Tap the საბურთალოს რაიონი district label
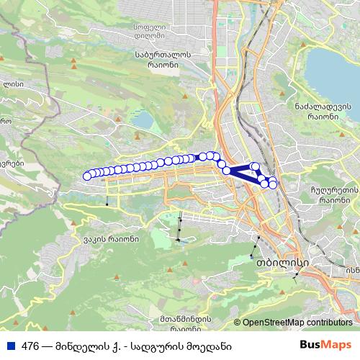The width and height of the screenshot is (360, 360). point(162,58)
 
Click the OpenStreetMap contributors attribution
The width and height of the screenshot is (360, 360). point(297,323)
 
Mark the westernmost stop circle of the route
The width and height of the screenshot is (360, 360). point(88,176)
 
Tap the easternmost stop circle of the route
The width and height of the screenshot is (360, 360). point(273,185)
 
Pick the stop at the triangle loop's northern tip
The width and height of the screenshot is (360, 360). point(255,166)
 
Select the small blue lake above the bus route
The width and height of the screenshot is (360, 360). point(144,119)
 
